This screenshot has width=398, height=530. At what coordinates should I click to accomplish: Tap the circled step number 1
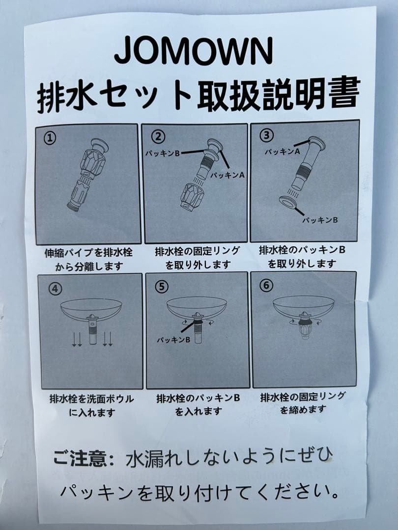(49, 138)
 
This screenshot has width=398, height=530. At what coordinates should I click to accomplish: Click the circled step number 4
(55, 289)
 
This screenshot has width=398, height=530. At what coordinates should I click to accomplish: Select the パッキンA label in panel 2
(227, 175)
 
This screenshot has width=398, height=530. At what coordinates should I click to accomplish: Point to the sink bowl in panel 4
(91, 308)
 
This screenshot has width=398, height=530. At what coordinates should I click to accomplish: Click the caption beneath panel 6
(303, 403)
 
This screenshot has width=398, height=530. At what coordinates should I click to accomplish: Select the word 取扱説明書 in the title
(278, 93)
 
